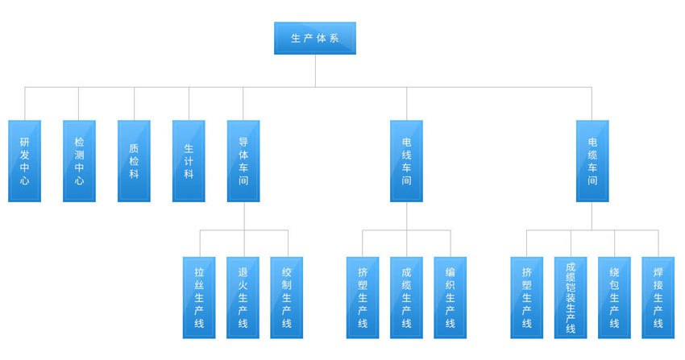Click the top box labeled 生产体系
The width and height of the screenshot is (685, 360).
pyautogui.click(x=314, y=39)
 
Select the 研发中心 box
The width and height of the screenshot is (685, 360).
pyautogui.click(x=24, y=161)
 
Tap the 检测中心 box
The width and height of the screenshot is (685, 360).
pyautogui.click(x=79, y=161)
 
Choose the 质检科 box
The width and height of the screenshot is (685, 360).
pyautogui.click(x=134, y=161)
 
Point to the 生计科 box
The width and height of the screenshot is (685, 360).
pyautogui.click(x=189, y=161)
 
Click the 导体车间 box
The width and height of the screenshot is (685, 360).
pyautogui.click(x=243, y=161)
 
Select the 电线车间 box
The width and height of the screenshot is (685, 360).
pyautogui.click(x=406, y=161)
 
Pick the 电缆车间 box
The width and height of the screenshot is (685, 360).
pyautogui.click(x=592, y=161)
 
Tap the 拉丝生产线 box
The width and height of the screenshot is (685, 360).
pyautogui.click(x=199, y=297)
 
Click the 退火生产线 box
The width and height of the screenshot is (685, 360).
pyautogui.click(x=243, y=297)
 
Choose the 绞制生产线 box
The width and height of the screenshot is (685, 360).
pyautogui.click(x=286, y=297)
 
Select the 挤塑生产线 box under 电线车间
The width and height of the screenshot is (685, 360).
pyautogui.click(x=363, y=297)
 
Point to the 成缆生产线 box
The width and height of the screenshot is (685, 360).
pyautogui.click(x=406, y=297)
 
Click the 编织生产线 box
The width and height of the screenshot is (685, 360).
pyautogui.click(x=450, y=297)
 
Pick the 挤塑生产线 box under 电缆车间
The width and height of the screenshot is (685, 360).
pyautogui.click(x=527, y=297)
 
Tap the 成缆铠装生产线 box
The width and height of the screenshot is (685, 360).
pyautogui.click(x=571, y=297)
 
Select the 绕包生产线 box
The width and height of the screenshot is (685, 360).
pyautogui.click(x=614, y=297)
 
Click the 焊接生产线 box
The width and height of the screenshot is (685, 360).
pyautogui.click(x=658, y=297)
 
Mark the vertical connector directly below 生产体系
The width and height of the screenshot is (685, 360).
pyautogui.click(x=315, y=70)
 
